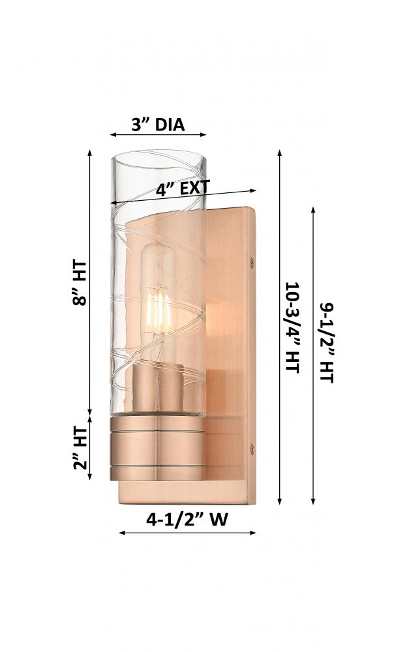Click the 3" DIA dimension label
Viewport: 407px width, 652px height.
(158, 125)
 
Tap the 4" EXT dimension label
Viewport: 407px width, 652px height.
(183, 188)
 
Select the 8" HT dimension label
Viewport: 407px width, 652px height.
(80, 283)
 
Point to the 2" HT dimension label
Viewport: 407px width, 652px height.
(80, 449)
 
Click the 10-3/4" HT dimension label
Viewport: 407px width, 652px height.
(293, 327)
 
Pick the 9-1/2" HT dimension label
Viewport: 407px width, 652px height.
(327, 342)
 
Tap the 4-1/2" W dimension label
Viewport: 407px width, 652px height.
(187, 519)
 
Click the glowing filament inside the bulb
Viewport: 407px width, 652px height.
(158, 310)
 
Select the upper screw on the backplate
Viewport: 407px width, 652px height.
(252, 261)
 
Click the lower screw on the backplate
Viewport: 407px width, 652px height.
(252, 448)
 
